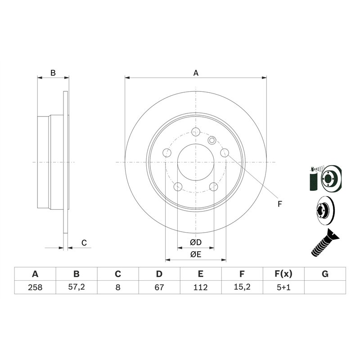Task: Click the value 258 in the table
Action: (35, 287)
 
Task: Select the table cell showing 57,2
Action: (76, 287)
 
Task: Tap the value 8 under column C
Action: (118, 287)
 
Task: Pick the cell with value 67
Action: (159, 287)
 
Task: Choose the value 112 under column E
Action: (201, 287)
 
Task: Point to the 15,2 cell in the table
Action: (242, 287)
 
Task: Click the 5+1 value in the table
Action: (283, 287)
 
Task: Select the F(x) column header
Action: (283, 274)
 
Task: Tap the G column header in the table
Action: (325, 274)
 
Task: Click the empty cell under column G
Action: (325, 287)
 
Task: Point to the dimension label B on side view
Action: (53, 73)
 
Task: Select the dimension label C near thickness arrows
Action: (84, 243)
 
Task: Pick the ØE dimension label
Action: (195, 255)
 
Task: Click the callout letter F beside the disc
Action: (279, 204)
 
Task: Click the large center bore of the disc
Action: (196, 162)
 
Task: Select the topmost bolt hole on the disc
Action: (196, 132)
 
